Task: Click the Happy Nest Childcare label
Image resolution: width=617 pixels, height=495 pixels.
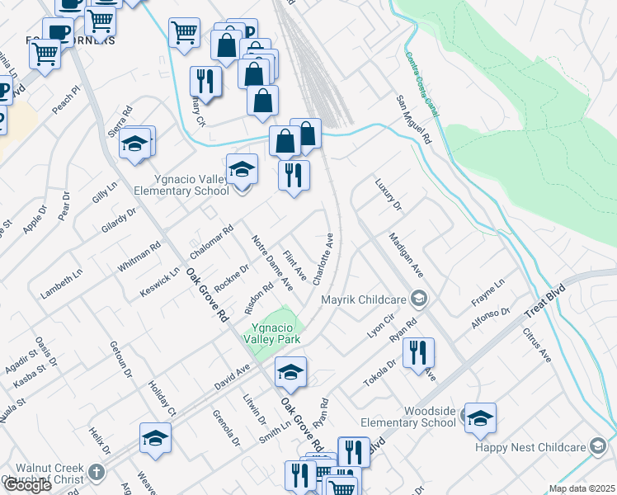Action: [x=528, y=447]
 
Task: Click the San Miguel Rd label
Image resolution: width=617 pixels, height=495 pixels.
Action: [x=413, y=120]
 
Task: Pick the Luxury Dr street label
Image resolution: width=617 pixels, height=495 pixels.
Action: [x=387, y=194]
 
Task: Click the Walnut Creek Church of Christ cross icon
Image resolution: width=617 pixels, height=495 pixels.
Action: [x=97, y=473]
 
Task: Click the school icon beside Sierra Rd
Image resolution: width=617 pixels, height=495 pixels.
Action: [x=133, y=145]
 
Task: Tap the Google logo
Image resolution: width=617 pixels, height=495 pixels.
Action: [x=27, y=485]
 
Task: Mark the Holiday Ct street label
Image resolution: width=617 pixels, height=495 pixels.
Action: [x=162, y=398]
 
